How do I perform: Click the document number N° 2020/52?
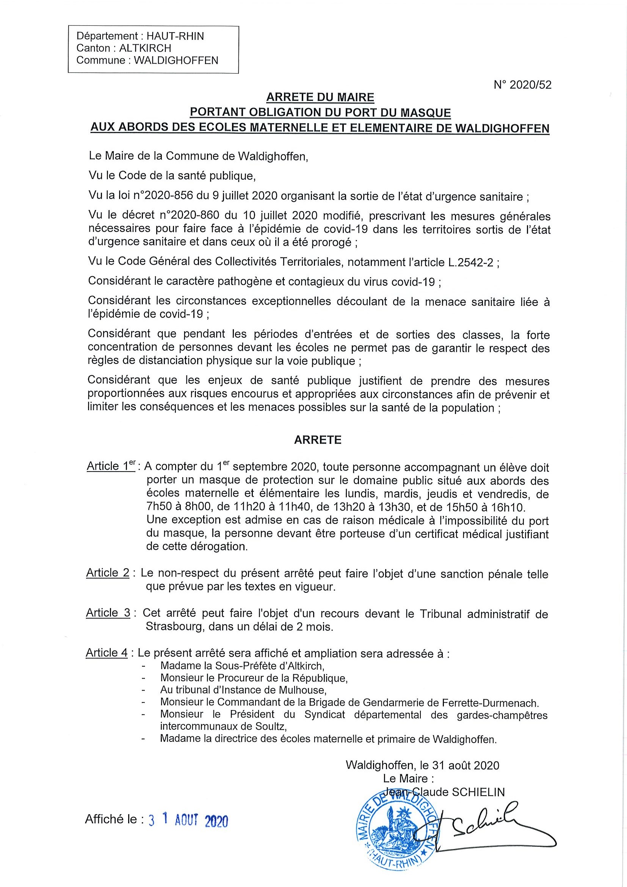(x=522, y=85)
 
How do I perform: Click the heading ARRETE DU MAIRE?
(x=320, y=97)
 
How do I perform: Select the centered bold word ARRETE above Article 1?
(x=318, y=440)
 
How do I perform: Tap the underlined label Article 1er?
(x=110, y=466)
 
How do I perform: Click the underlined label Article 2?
(x=107, y=572)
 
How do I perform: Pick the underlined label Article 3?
(x=108, y=613)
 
